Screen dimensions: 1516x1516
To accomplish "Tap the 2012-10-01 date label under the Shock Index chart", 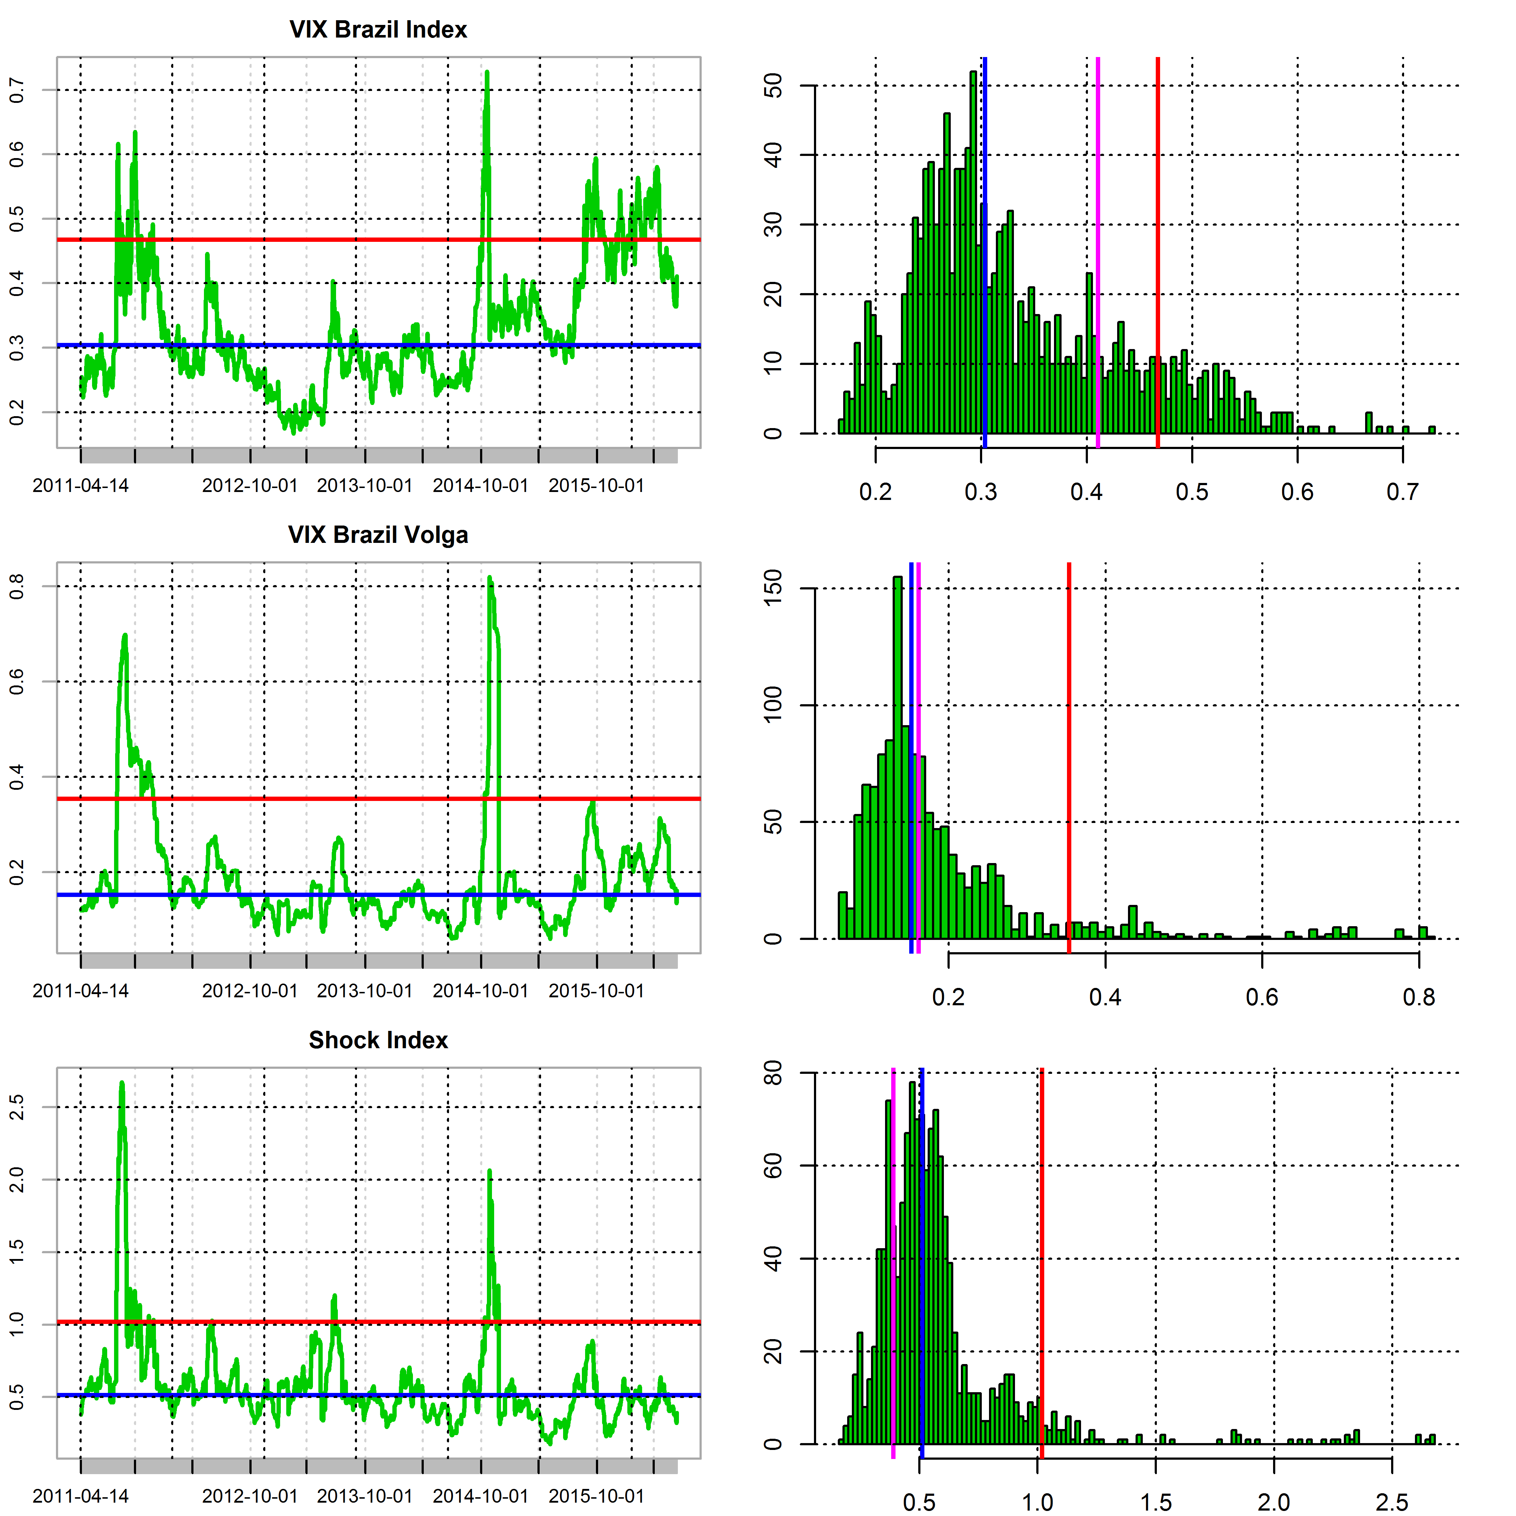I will coord(249,1495).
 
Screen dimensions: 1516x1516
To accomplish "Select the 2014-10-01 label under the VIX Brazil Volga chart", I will coord(480,991).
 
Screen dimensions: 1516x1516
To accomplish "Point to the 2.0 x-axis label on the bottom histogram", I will coord(1273,1502).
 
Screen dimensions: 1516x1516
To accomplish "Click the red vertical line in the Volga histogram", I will coord(1069,745).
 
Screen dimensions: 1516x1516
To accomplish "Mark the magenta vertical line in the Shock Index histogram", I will coord(893,1255).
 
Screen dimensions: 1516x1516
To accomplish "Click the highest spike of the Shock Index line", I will coord(122,1084).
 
